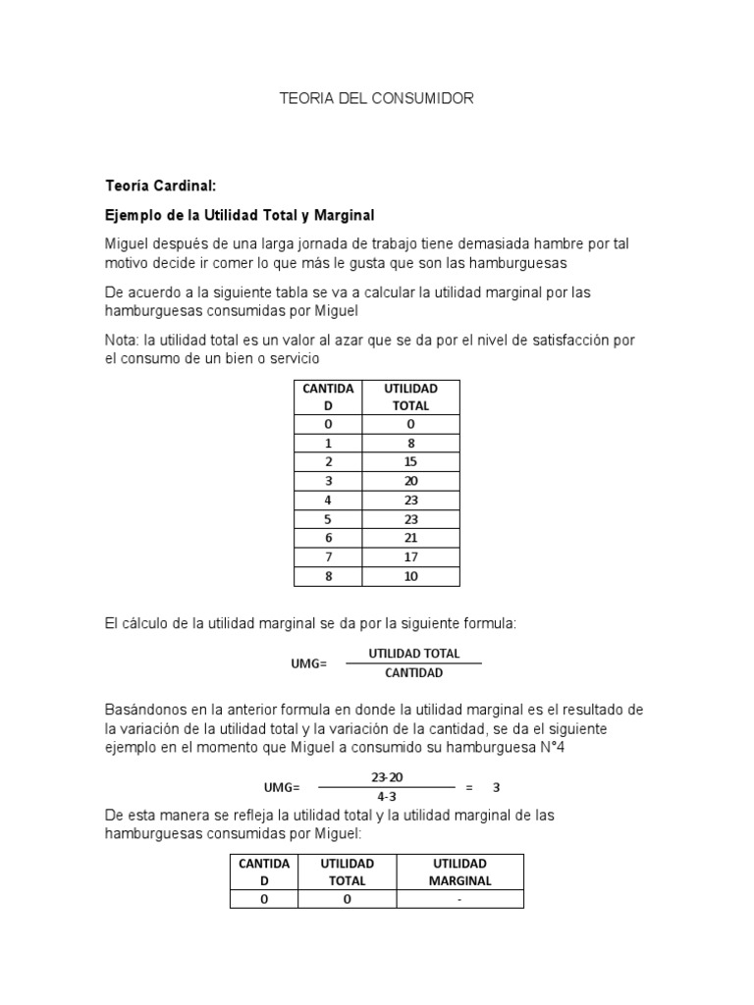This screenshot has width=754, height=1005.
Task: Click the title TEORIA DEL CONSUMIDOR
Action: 377,98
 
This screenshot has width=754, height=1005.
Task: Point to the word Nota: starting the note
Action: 123,340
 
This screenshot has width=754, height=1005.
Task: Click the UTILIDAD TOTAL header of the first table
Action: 410,397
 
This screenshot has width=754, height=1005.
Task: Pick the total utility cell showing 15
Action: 410,461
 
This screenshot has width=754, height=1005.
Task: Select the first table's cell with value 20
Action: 410,481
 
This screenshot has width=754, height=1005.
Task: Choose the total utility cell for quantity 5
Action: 410,519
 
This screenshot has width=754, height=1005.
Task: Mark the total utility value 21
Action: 410,538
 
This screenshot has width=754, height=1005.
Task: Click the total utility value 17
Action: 410,557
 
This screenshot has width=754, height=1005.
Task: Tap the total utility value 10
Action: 410,576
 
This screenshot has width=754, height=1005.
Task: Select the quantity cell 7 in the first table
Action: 328,557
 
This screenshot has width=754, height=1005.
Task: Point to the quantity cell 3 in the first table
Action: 328,481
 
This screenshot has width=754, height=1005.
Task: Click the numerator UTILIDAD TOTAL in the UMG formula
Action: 413,654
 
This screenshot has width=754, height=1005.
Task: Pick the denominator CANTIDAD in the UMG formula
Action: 413,673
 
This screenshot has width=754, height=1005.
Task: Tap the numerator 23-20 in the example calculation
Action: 386,776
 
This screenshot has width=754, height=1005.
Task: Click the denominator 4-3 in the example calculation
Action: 386,797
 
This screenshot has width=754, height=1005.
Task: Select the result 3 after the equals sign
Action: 497,787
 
